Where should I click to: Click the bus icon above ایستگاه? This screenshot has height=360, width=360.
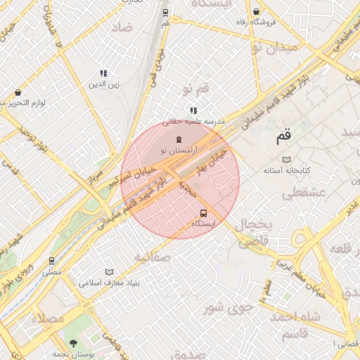tap(204, 213)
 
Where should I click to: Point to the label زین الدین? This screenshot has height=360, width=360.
tap(104, 85)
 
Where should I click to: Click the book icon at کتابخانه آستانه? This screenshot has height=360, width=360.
tap(285, 160)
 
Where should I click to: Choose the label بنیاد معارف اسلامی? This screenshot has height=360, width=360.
tap(109, 283)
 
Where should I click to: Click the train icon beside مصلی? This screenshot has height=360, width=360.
tap(51, 260)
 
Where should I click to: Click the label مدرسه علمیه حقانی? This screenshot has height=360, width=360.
tap(193, 121)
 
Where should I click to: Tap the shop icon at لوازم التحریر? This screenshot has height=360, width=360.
tap(17, 92)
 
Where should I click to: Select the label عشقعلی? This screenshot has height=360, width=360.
tap(301, 192)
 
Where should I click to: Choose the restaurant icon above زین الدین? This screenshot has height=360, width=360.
tap(104, 73)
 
